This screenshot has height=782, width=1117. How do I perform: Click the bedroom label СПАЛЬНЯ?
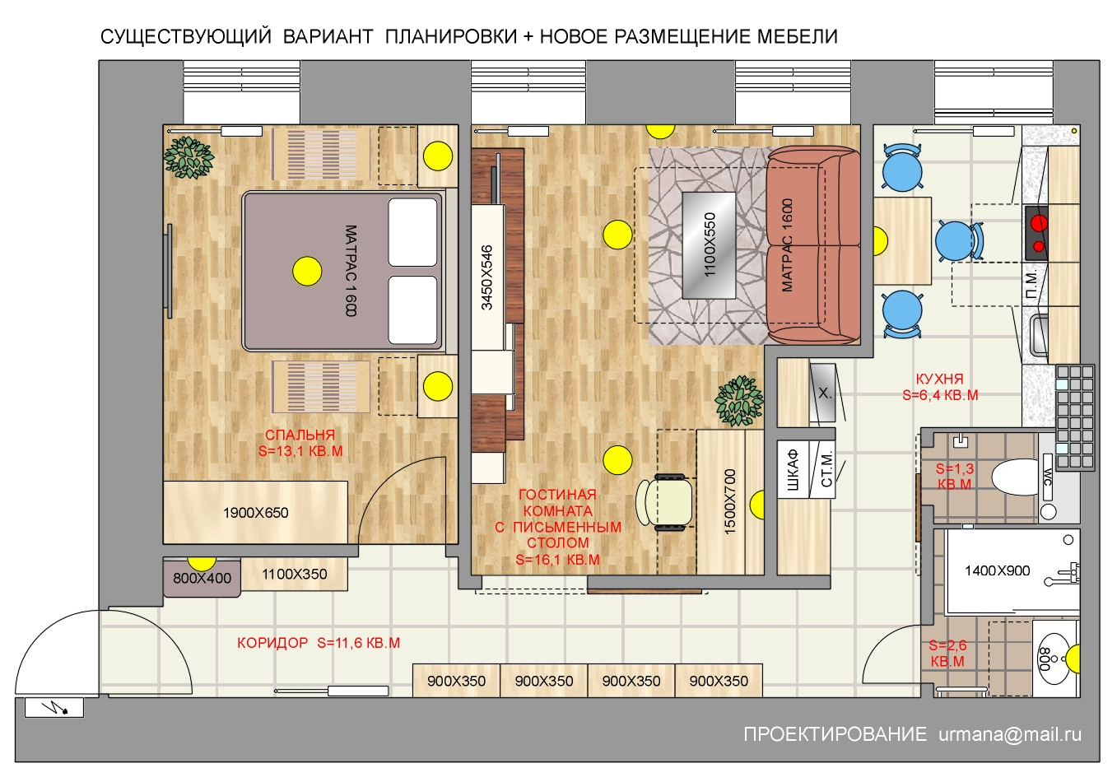(x=300, y=435)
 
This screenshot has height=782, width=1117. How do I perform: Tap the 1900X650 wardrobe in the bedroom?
(x=255, y=512)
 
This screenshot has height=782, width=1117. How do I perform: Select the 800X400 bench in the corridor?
(x=202, y=578)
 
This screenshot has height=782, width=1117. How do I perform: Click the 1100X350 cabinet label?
(x=294, y=574)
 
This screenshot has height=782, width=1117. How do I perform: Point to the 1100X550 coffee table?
(x=709, y=244)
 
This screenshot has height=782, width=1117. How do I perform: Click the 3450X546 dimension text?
(x=486, y=277)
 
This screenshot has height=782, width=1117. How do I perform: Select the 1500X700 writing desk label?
(x=729, y=502)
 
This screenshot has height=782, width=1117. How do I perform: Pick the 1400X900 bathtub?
(x=1012, y=571)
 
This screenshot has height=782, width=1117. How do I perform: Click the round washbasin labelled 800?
(x=1053, y=659)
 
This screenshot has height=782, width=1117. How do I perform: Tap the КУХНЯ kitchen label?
(x=939, y=379)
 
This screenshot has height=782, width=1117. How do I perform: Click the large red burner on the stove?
(x=1039, y=223)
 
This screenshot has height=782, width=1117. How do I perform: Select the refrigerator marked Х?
(x=823, y=393)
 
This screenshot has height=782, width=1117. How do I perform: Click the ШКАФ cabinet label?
(x=793, y=470)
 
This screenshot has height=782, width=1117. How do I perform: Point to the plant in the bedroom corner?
(x=188, y=157)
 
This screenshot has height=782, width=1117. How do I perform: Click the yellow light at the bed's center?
(x=307, y=272)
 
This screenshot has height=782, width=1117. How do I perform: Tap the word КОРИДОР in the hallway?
(x=272, y=642)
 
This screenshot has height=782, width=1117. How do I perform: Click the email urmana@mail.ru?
(x=1010, y=734)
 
